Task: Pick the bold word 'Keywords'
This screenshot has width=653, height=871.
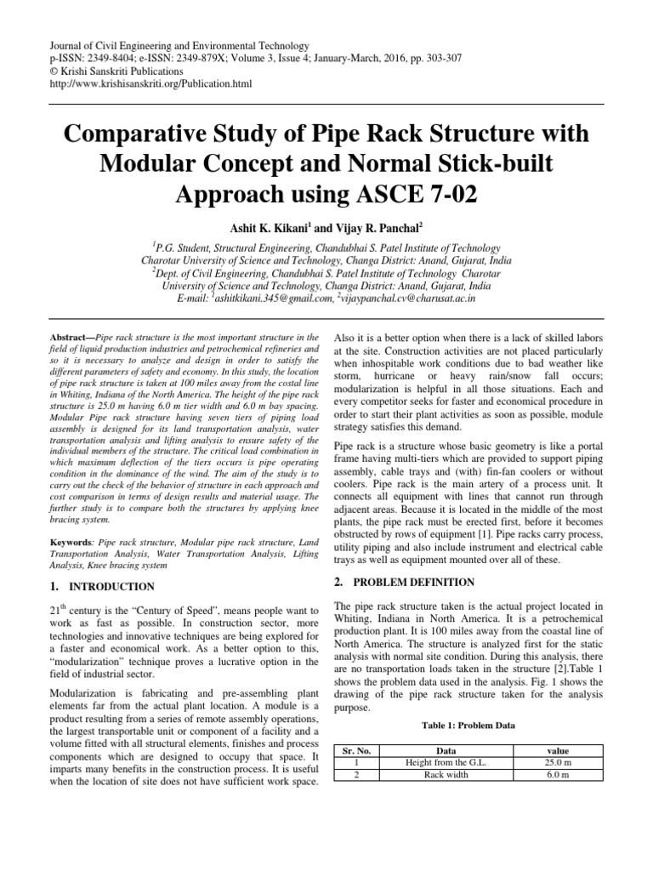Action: pos(71,542)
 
